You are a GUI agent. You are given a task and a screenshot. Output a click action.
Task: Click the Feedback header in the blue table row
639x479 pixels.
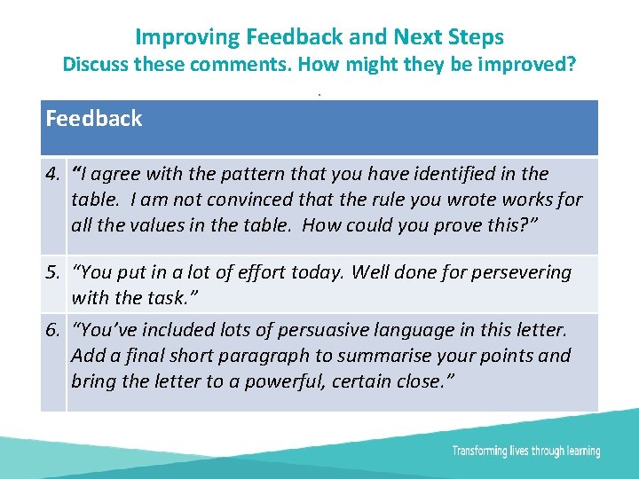[x=93, y=119]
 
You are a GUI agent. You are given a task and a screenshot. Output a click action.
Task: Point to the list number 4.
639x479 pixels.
[x=52, y=174]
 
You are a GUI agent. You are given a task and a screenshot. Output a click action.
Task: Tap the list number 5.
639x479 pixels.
[x=52, y=272]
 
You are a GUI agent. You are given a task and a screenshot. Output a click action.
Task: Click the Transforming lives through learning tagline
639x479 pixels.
[x=525, y=452]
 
